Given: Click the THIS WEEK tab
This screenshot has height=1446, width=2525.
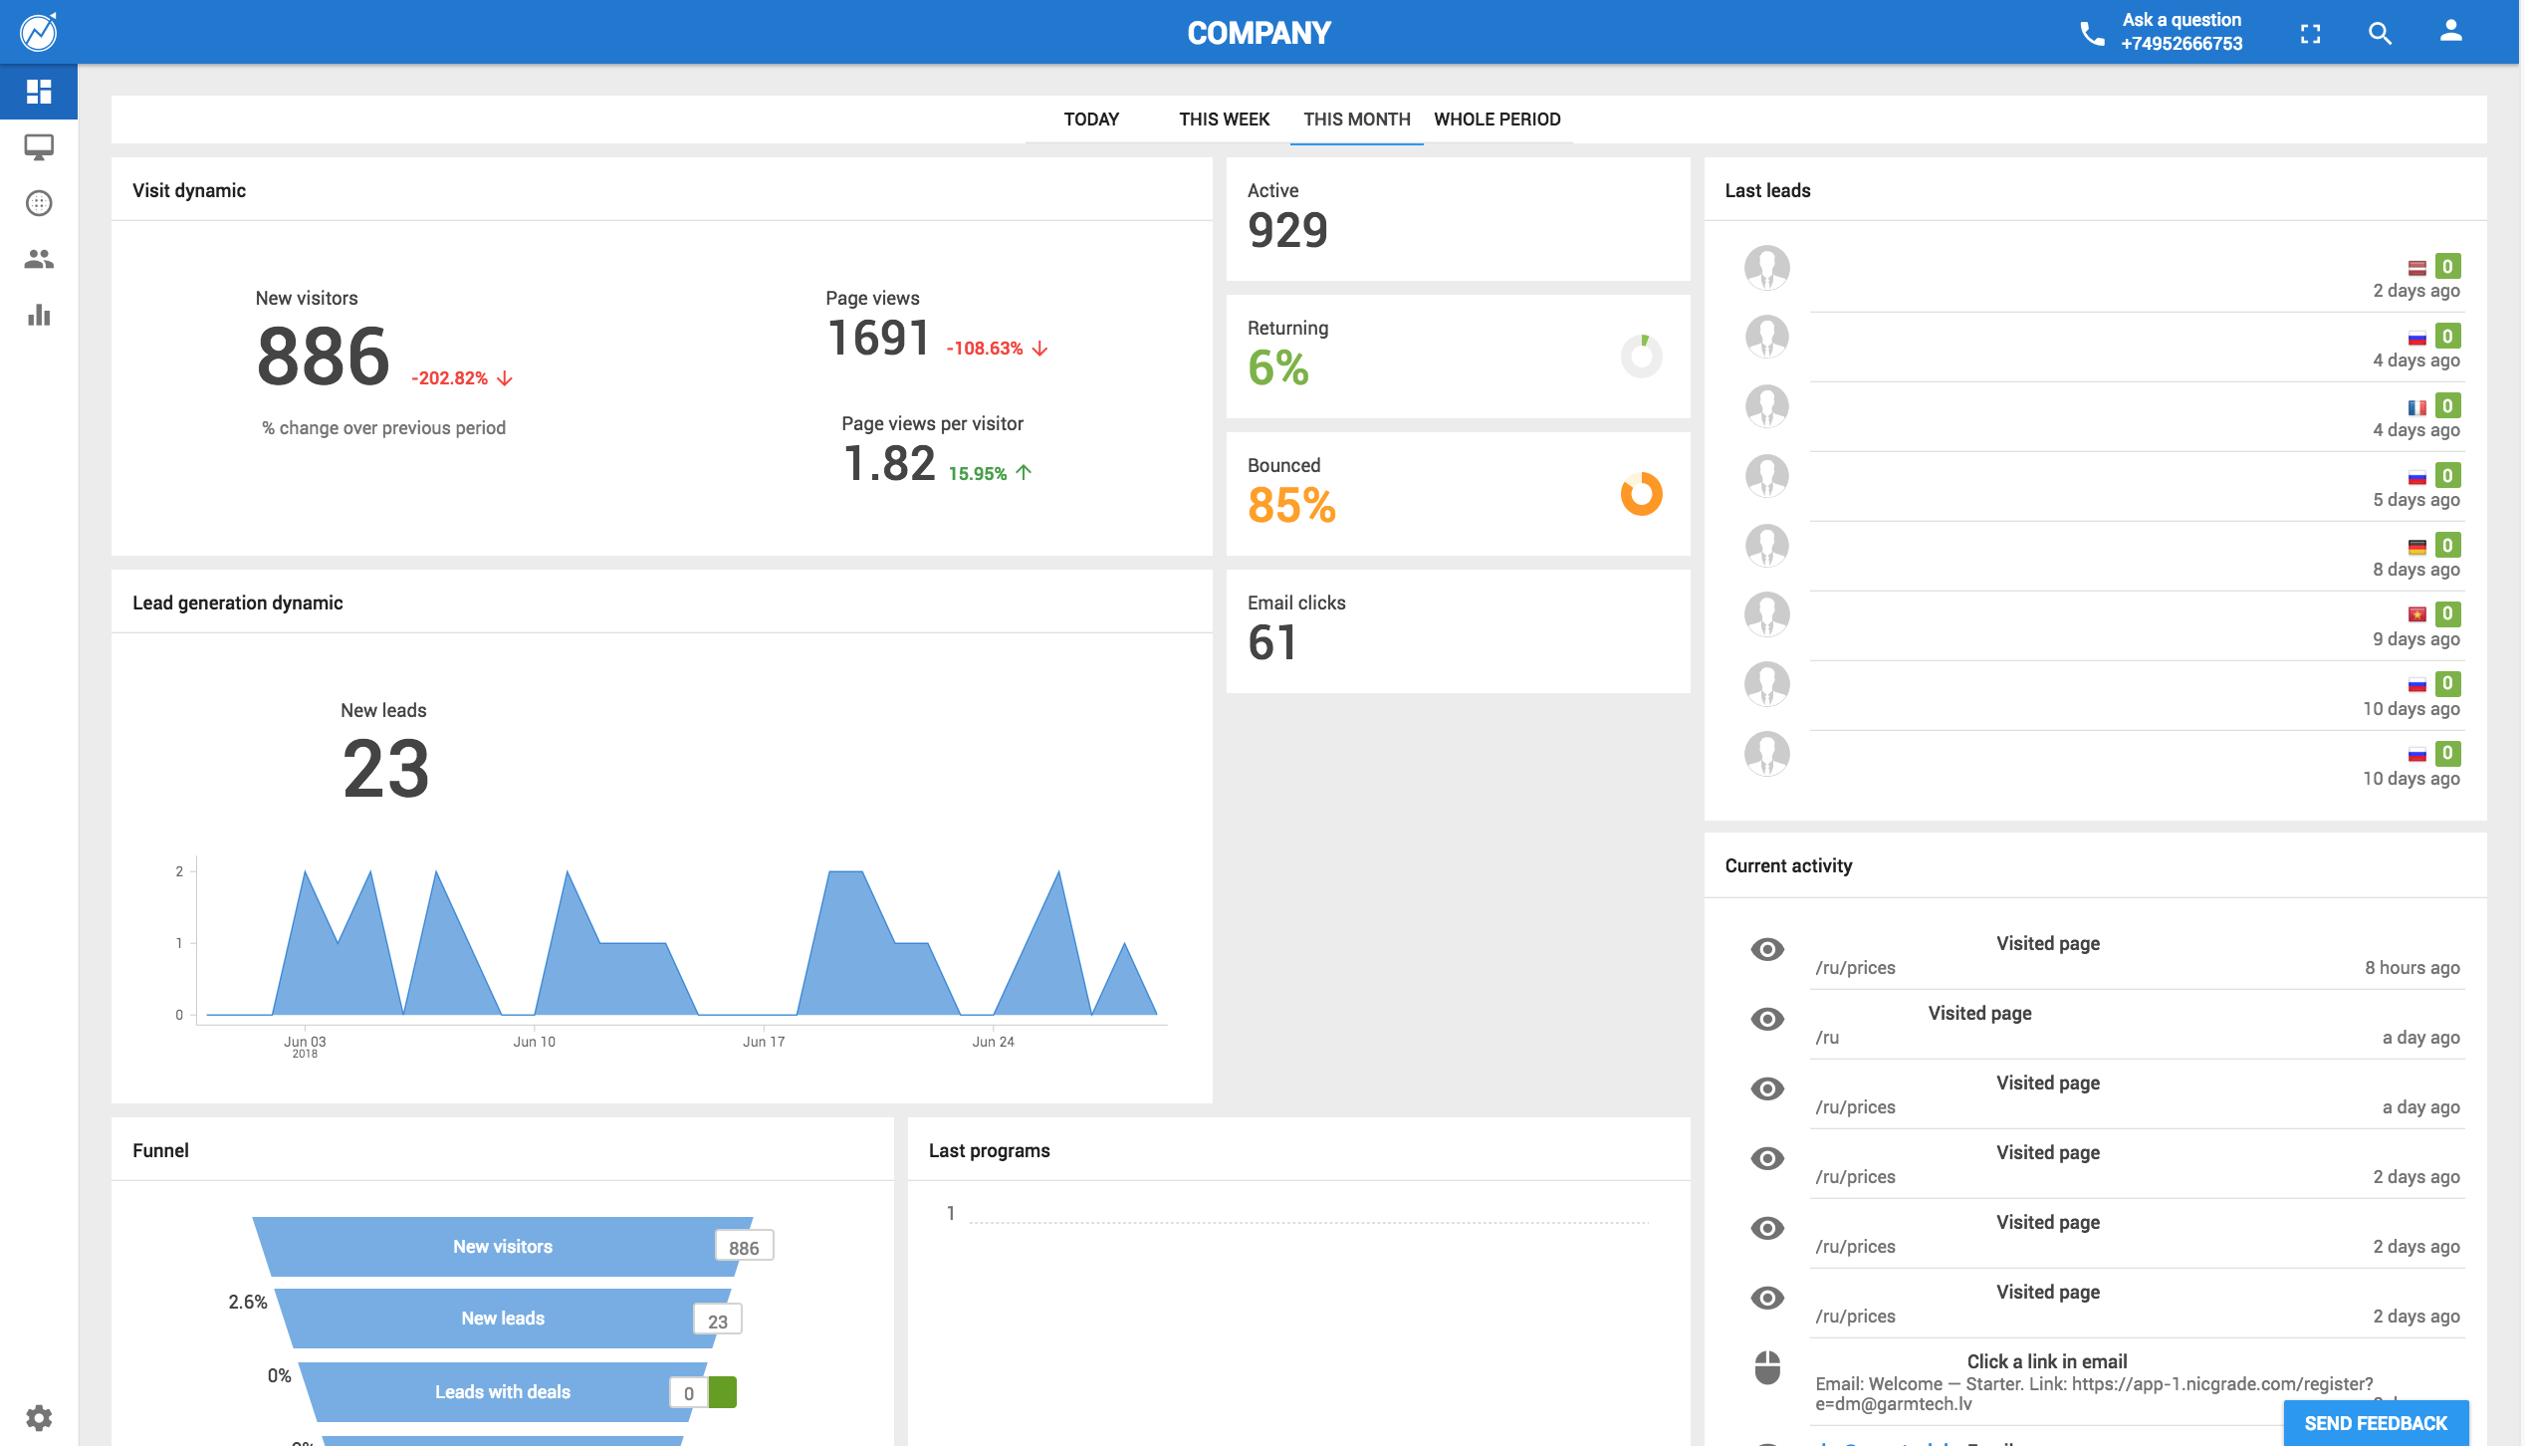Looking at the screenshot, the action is [1224, 120].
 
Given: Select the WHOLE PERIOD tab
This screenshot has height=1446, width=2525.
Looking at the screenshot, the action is [1496, 120].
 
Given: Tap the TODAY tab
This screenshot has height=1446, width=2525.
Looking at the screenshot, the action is [1091, 120].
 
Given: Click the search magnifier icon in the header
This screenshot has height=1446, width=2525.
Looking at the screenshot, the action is [2380, 33].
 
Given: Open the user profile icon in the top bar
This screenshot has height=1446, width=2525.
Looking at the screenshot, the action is [2450, 32].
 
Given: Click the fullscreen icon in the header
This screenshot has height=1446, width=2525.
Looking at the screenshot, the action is [2310, 34].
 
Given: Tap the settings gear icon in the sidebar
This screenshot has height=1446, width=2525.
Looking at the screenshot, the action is [39, 1417].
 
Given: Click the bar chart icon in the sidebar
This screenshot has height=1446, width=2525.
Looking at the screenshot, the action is [39, 316].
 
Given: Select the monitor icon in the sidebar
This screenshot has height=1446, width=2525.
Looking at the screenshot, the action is [39, 148].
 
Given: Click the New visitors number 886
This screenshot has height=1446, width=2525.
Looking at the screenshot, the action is [323, 357].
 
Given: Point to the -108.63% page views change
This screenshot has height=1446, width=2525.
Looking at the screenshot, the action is [997, 349].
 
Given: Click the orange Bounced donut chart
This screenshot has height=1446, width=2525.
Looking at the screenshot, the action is [1642, 494].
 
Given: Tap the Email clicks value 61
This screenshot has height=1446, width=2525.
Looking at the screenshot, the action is [1272, 642].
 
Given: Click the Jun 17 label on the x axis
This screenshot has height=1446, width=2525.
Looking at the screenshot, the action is [764, 1042].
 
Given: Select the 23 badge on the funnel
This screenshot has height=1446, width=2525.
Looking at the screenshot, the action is [718, 1321].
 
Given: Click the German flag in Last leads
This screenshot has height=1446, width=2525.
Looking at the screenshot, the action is [2416, 547].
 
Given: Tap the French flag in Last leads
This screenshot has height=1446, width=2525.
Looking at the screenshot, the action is [2416, 407].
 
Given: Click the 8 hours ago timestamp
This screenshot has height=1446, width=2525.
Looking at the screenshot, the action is [2411, 968].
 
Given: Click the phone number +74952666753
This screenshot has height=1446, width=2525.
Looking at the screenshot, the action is [2181, 44].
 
